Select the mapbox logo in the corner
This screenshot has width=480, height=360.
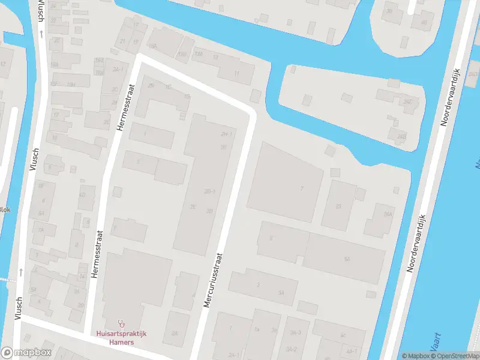pos(26,353)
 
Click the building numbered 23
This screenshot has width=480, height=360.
pos(338,206)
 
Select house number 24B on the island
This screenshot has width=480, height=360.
pos(401,136)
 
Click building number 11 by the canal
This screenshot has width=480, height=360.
pos(236,74)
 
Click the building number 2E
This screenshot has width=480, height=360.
pos(193,206)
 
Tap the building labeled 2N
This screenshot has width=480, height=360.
pos(151,86)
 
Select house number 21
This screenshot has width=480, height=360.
pos(123,41)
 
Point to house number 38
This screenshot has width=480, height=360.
pos(389,11)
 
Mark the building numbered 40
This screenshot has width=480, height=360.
pos(424,23)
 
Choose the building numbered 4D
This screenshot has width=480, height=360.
pos(82,195)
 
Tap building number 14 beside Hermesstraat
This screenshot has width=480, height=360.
pos(82,276)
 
